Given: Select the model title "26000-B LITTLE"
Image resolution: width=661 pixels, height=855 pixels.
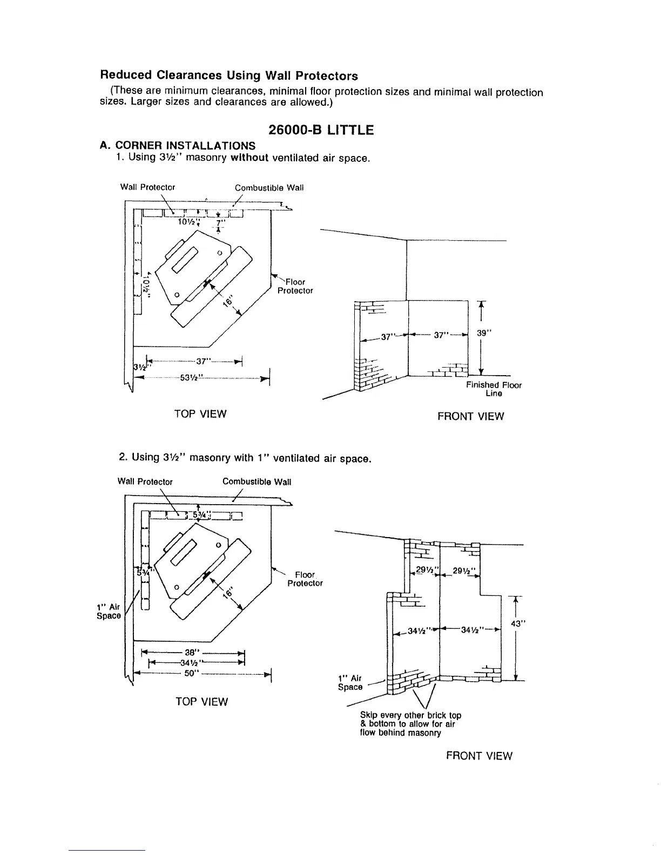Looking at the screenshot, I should (321, 130).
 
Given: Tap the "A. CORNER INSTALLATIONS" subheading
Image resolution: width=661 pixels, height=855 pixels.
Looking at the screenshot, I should (178, 146).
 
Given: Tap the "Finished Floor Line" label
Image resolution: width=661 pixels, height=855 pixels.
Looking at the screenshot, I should (494, 389).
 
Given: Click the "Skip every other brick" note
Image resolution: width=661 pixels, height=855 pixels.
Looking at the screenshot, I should (410, 724).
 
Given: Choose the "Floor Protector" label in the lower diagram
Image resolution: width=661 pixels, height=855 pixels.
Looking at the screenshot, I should (305, 579).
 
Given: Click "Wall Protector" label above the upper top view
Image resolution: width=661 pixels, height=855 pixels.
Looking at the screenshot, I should (147, 187).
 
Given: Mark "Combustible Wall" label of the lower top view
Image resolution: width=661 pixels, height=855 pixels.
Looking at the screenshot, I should (257, 481).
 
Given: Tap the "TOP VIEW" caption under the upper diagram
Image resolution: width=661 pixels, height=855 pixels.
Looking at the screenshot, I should (200, 414).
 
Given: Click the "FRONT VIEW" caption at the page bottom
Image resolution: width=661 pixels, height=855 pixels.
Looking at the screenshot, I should (479, 756).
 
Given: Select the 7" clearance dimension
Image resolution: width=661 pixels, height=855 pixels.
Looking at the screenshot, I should (219, 222).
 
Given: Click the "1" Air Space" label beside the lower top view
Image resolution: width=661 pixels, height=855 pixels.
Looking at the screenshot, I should (108, 611).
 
